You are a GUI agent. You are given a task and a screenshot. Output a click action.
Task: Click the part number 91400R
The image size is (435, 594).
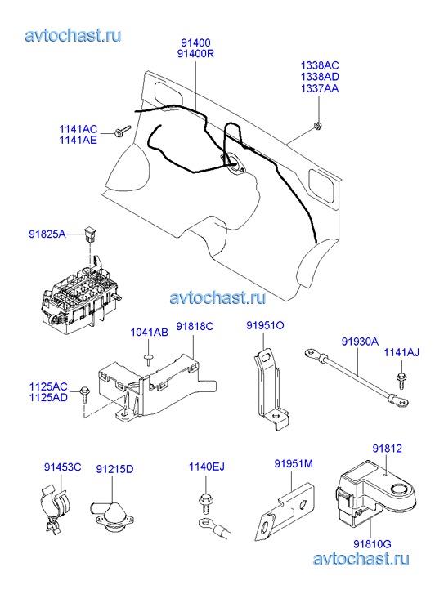coord(195,54)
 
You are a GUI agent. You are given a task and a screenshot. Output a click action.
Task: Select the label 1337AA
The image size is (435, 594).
coord(320,88)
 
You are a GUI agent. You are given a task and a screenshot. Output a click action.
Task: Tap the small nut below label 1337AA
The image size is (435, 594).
coord(317,126)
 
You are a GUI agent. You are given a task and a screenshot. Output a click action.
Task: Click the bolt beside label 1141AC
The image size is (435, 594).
coord(122,131)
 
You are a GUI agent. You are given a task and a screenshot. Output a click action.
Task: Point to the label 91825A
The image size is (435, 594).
coord(47,234)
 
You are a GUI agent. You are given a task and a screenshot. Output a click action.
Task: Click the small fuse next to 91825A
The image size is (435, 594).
coord(91,234)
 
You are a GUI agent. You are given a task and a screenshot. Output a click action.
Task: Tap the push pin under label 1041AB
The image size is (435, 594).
coord(149,359)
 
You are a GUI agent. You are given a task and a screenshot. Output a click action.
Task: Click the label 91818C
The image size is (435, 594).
coord(195,326)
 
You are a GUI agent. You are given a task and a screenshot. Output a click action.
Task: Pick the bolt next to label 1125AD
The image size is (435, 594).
coord(84,396)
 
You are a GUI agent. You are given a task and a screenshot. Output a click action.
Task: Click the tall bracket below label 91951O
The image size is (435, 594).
coord(270,389)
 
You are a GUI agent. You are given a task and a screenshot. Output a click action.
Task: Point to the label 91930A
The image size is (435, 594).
coord(360,342)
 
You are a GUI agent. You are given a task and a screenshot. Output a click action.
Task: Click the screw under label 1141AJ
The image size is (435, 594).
coord(401,381)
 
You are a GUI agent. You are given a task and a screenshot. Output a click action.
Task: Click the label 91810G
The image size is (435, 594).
coord(372,544)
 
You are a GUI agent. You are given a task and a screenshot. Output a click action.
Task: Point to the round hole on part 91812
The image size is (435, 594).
coord(399,489)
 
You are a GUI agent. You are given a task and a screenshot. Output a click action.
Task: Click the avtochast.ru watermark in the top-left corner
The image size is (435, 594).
coord(74,36)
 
